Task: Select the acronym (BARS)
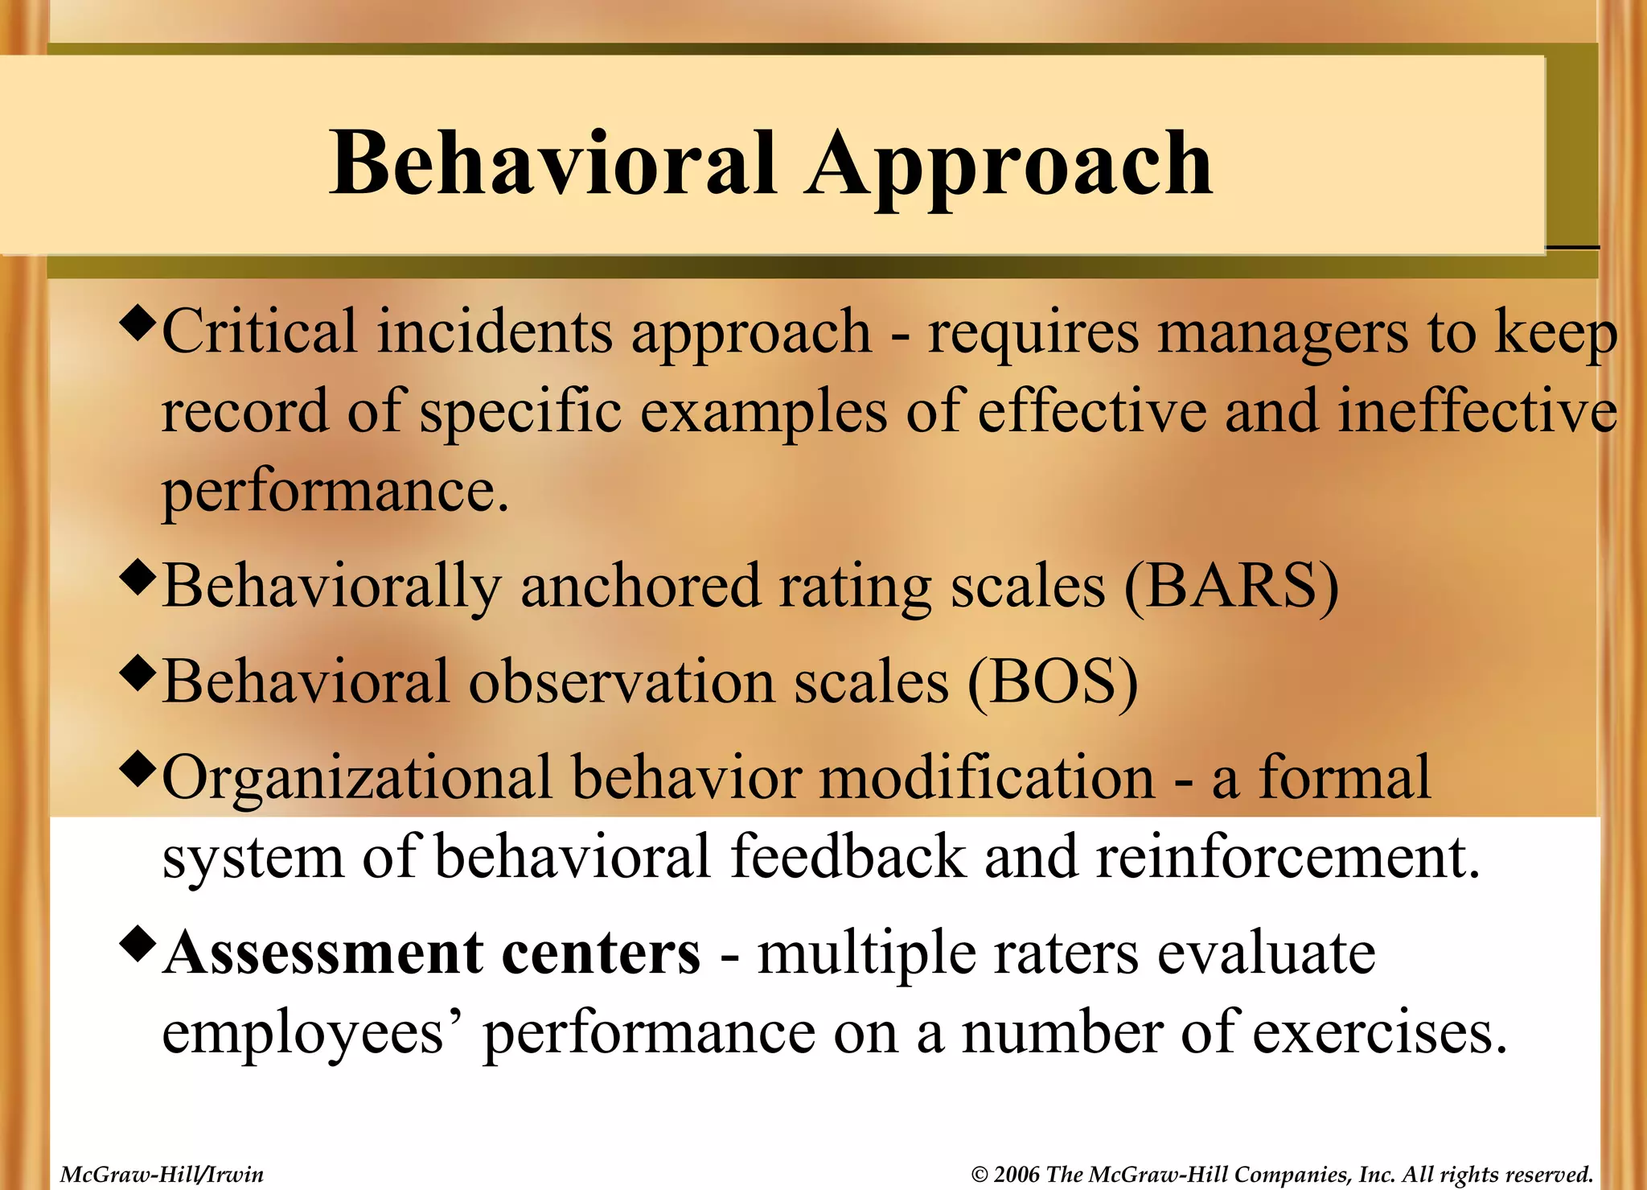coord(1231,587)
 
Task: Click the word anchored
coord(640,587)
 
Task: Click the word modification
coord(987,778)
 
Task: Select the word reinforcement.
coord(1287,857)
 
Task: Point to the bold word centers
coord(601,953)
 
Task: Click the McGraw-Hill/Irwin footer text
coord(162,1175)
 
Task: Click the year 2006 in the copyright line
coord(1017,1175)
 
